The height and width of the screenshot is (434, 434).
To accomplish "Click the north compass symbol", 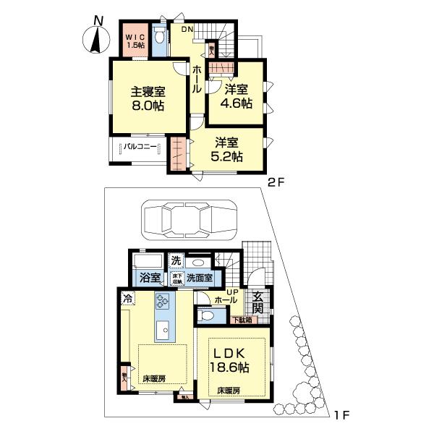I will (x=97, y=38).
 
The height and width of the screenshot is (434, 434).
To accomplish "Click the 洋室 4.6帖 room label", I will (x=237, y=96).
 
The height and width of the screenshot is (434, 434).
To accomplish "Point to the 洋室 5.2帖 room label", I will (x=227, y=148).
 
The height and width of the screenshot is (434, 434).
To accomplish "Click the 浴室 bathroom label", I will (x=149, y=277).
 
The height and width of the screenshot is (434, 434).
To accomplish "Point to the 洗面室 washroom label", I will (x=199, y=277).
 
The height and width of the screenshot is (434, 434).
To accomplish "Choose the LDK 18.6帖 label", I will (x=230, y=360).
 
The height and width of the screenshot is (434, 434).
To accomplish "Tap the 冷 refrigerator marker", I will (x=127, y=297).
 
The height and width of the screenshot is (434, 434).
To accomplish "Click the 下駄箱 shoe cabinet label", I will (x=242, y=319).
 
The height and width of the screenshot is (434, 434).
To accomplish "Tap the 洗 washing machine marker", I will (x=176, y=260).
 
